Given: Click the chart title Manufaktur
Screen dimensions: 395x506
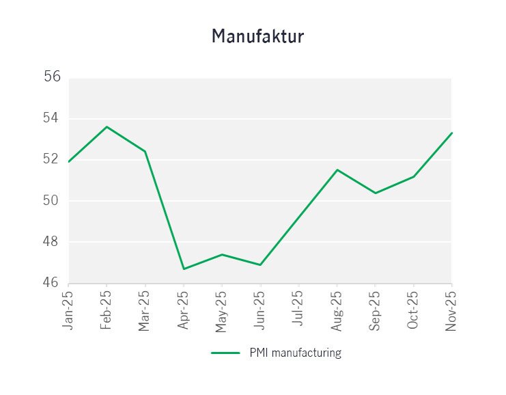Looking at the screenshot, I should tap(257, 36).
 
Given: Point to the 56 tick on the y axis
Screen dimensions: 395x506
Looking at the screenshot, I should tap(53, 77).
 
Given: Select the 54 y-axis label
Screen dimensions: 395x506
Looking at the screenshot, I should tap(53, 118).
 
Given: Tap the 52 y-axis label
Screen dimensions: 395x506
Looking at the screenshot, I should tap(53, 159).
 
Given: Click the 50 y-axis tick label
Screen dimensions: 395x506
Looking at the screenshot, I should tap(53, 200).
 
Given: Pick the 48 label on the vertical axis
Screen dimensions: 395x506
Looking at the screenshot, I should tap(53, 242).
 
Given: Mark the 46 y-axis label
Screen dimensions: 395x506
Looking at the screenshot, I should tap(53, 283).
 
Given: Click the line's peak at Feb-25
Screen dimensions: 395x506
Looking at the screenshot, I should tap(107, 126).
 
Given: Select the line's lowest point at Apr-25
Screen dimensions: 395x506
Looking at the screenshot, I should tap(184, 269).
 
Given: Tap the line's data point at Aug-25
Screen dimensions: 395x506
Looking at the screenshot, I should tap(337, 169).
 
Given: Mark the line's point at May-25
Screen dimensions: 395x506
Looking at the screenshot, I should tap(222, 254).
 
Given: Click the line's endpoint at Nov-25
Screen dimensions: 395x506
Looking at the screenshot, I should tap(451, 133).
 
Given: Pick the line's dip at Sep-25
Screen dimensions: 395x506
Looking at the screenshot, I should tap(375, 193).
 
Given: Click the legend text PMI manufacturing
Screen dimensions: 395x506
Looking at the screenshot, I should tap(295, 353).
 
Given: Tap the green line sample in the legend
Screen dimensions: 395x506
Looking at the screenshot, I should tap(225, 353).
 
